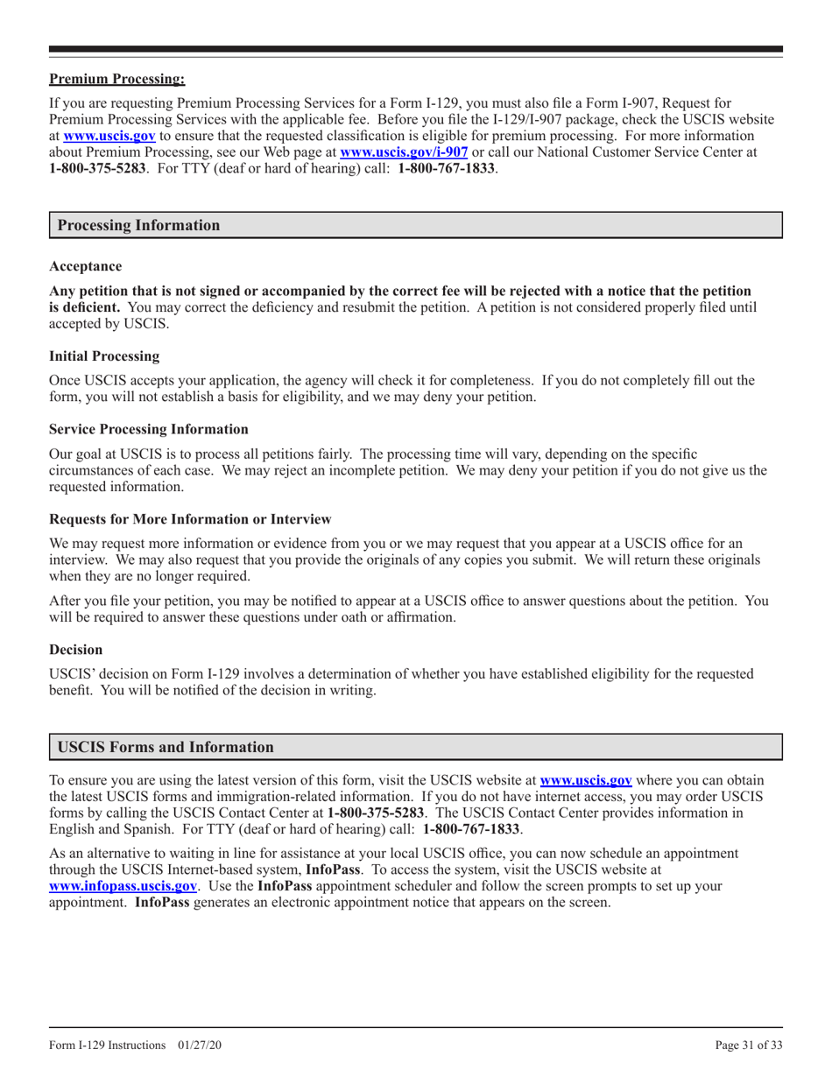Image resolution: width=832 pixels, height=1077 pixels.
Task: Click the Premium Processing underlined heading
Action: tap(117, 80)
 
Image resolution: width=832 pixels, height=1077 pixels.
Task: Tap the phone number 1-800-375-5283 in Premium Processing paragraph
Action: tap(97, 165)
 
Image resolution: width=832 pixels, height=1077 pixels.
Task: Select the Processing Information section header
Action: tap(138, 225)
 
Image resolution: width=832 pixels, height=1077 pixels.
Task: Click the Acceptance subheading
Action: tap(86, 265)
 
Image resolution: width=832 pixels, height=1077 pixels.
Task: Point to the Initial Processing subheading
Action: tap(104, 356)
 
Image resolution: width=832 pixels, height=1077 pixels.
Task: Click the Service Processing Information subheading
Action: tap(149, 429)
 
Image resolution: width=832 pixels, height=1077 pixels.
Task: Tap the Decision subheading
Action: tap(75, 650)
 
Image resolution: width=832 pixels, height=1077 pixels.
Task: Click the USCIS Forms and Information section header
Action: tap(166, 747)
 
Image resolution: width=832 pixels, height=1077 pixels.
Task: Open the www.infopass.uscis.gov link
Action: tap(123, 886)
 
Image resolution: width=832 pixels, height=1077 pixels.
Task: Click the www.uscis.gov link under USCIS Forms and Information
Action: tap(586, 779)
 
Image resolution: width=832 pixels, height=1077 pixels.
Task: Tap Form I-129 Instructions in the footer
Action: tap(108, 1045)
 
